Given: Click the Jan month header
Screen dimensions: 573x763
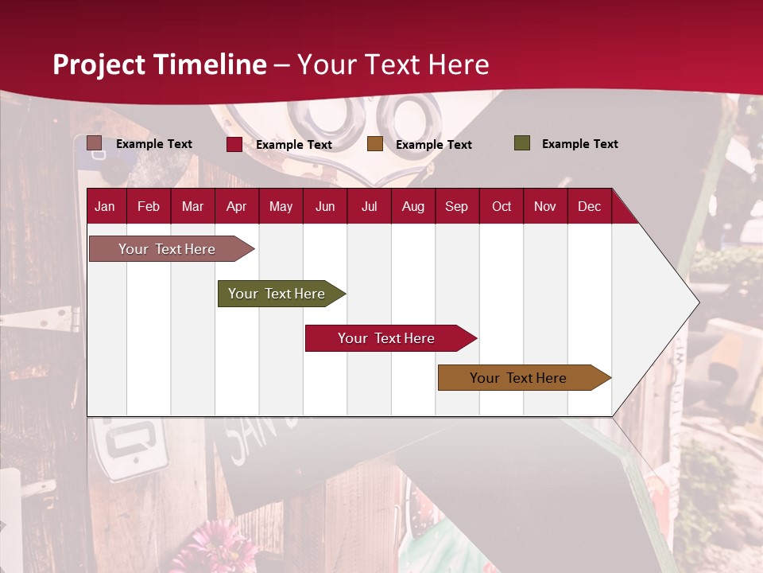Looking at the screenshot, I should (x=105, y=206).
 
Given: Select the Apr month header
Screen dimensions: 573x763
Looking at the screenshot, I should (x=236, y=206).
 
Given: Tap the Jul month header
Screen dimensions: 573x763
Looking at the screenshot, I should (x=369, y=206).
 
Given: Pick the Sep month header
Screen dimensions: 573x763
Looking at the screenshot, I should (x=456, y=206).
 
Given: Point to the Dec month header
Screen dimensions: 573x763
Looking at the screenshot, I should (x=589, y=206).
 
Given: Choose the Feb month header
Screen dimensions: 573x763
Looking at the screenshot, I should (x=149, y=206).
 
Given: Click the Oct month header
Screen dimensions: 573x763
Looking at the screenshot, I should (x=502, y=206).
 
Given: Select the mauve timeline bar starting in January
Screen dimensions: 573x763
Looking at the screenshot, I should (x=168, y=249).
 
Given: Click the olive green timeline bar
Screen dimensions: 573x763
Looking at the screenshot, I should (x=277, y=294).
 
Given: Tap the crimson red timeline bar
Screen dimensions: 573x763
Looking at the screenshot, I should (x=387, y=338).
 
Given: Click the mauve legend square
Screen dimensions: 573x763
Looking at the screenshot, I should (x=94, y=143).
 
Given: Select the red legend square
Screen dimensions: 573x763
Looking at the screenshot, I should (x=234, y=144).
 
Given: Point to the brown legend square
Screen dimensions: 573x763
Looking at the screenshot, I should (x=375, y=144).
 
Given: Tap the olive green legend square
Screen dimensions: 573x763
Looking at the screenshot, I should (x=521, y=143).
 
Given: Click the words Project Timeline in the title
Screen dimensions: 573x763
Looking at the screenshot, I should (x=160, y=64).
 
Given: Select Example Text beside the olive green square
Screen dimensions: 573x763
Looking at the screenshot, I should (x=579, y=144).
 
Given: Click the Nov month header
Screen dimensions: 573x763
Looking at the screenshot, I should (x=545, y=206).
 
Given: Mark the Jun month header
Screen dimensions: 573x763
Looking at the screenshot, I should (x=325, y=206).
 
